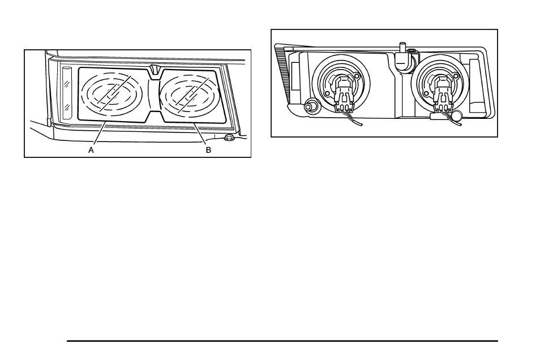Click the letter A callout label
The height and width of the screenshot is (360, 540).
pos(91,151)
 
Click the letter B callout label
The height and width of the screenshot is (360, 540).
pos(208,151)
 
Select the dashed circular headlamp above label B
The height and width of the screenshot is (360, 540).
pos(189,93)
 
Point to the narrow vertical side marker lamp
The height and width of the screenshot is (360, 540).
pos(67,92)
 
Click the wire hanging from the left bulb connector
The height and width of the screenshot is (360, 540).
pos(355,120)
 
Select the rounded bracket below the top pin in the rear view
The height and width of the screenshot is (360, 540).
pos(404,62)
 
